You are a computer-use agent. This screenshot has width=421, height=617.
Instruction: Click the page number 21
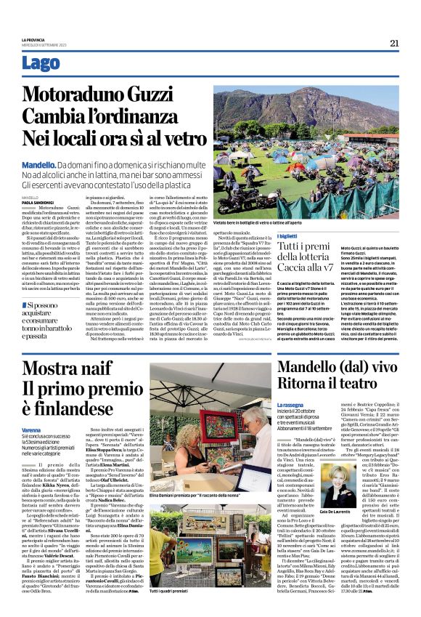click(394, 43)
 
